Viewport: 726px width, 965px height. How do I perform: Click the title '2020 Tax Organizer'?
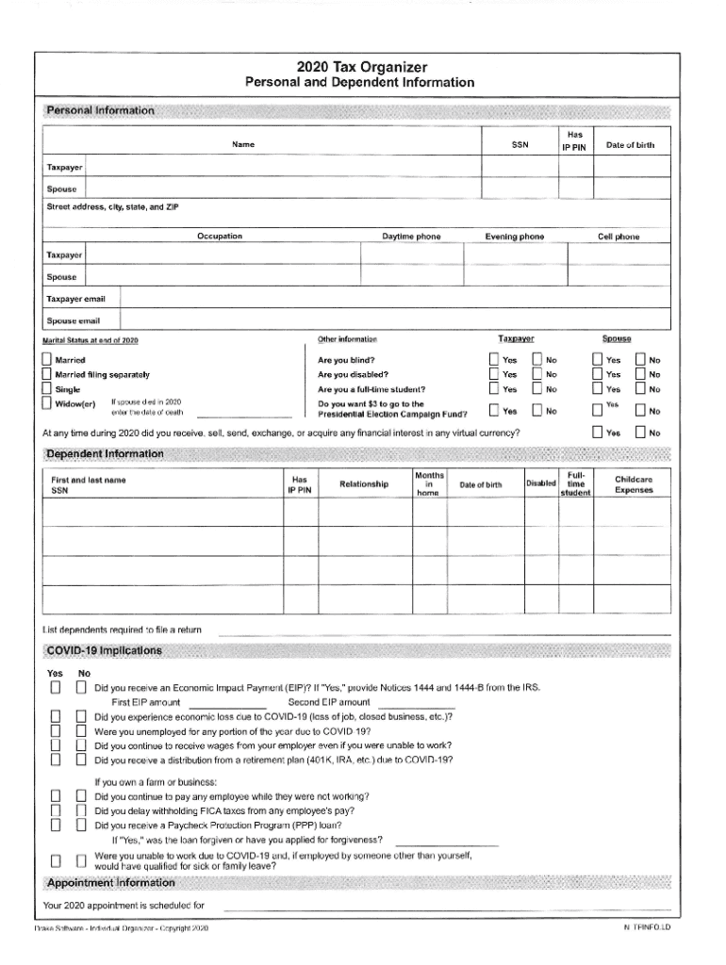click(x=362, y=67)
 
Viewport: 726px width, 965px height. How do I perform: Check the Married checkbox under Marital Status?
click(x=47, y=360)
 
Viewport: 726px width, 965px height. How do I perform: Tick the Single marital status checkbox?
click(x=47, y=389)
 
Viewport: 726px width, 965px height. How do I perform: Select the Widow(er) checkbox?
click(x=47, y=404)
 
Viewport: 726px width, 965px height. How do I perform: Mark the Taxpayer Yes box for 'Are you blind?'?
click(x=493, y=360)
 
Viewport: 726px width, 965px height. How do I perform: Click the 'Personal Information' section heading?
click(x=99, y=111)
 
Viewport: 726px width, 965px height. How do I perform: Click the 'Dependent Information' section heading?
click(x=104, y=454)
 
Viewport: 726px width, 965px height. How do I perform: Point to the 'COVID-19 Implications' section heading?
click(x=103, y=651)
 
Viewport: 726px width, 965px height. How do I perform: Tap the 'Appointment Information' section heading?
click(x=108, y=883)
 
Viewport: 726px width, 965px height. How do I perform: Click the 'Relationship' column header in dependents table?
click(x=363, y=484)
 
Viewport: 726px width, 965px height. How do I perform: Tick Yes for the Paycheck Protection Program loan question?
click(x=56, y=825)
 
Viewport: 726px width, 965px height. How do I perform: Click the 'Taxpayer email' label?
click(x=76, y=299)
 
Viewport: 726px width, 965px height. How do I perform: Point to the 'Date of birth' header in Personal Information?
click(x=630, y=145)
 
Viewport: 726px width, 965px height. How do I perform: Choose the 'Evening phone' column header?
click(x=514, y=237)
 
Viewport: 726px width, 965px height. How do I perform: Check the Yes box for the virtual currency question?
click(x=597, y=433)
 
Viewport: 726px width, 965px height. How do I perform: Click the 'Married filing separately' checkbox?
click(x=47, y=374)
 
